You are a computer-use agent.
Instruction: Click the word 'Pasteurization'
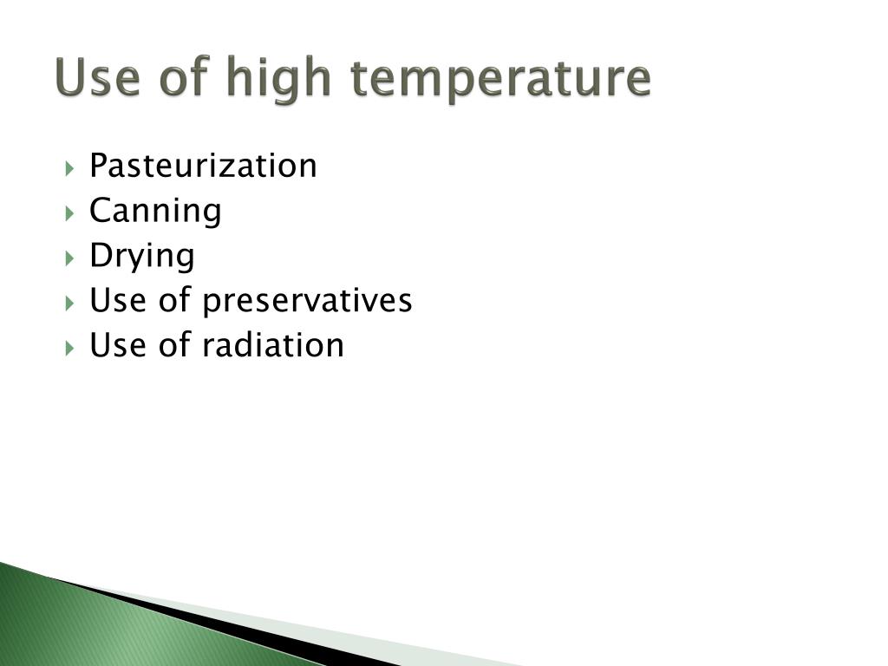coord(203,166)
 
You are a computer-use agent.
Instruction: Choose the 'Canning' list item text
coord(155,211)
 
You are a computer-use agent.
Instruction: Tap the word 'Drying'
coord(142,257)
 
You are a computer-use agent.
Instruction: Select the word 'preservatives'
coord(307,302)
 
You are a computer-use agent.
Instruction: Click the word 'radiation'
coord(273,345)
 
